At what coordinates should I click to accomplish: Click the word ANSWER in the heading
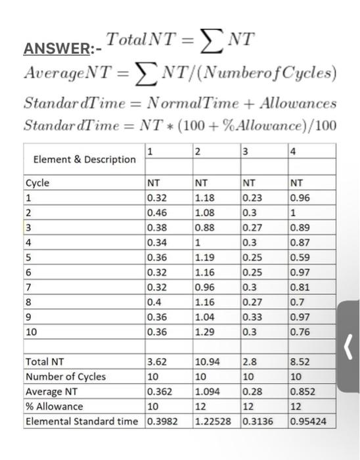50,48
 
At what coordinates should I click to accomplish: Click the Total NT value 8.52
300,361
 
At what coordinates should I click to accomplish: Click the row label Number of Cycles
65,377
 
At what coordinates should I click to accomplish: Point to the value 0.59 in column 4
299,257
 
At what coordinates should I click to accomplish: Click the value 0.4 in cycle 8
154,302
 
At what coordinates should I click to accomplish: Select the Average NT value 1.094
208,391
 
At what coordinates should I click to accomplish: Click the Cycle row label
37,183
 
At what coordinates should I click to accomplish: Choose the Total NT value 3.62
157,361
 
